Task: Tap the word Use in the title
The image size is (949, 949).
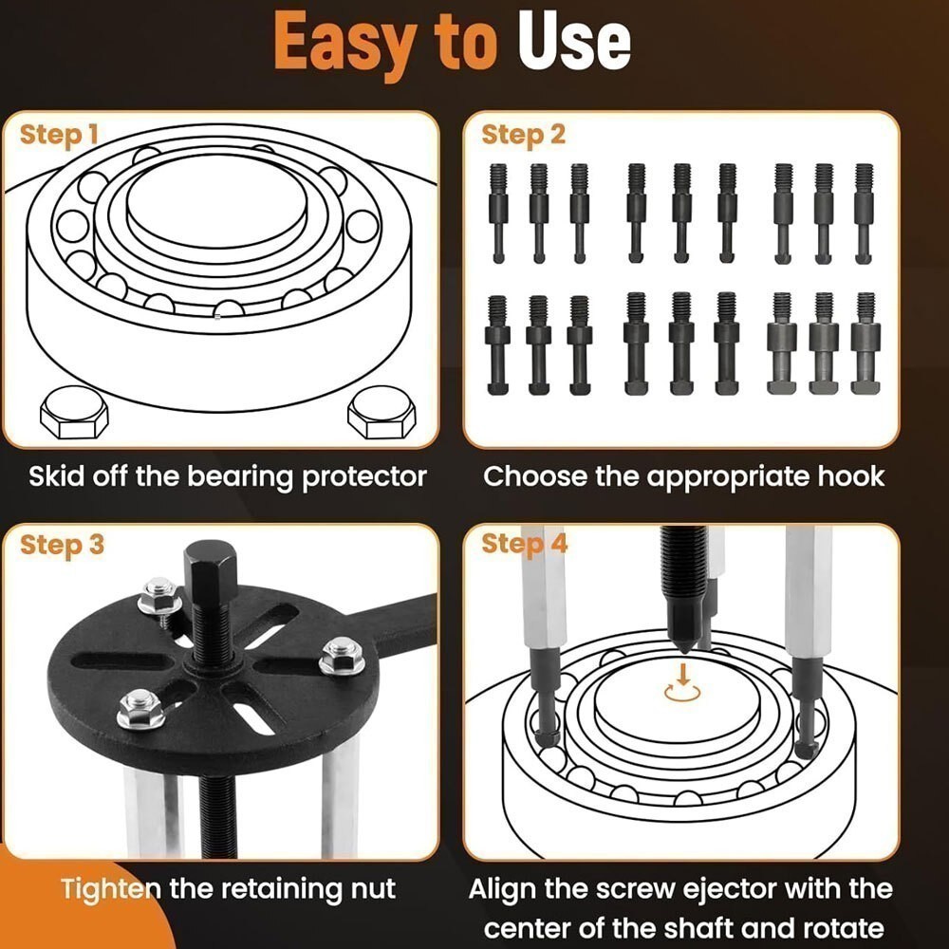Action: pyautogui.click(x=574, y=43)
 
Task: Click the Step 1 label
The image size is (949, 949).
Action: pyautogui.click(x=59, y=135)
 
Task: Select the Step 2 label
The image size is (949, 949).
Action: pyautogui.click(x=523, y=135)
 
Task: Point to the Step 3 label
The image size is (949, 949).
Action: pyautogui.click(x=62, y=545)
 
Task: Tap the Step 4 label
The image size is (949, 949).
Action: pyautogui.click(x=525, y=545)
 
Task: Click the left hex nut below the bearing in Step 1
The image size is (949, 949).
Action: pyautogui.click(x=74, y=414)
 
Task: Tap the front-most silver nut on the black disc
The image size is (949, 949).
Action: pyautogui.click(x=141, y=709)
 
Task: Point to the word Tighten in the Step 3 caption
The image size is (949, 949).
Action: pyautogui.click(x=110, y=889)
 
